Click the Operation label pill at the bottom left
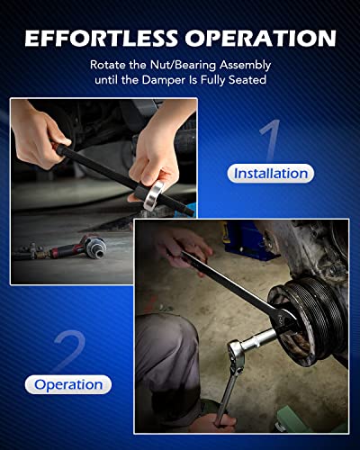point(67,384)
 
